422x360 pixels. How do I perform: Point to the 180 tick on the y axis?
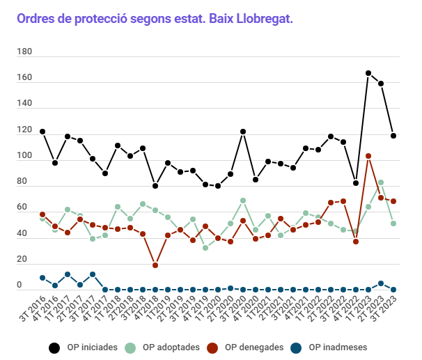click(24, 52)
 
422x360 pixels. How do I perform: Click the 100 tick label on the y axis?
click(24, 156)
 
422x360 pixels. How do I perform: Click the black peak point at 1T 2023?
click(368, 73)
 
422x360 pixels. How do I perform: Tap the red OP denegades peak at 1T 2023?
click(368, 156)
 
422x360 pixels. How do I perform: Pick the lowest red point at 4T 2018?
click(155, 265)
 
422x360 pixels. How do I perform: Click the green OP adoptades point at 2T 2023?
click(381, 182)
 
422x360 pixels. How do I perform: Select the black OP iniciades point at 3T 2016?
click(42, 132)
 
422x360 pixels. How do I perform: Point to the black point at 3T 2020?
click(243, 132)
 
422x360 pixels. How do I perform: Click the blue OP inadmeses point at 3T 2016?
click(42, 278)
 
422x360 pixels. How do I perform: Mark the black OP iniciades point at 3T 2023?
click(393, 136)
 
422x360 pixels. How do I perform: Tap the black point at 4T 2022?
click(356, 183)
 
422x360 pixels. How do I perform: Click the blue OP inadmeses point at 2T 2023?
click(381, 283)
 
